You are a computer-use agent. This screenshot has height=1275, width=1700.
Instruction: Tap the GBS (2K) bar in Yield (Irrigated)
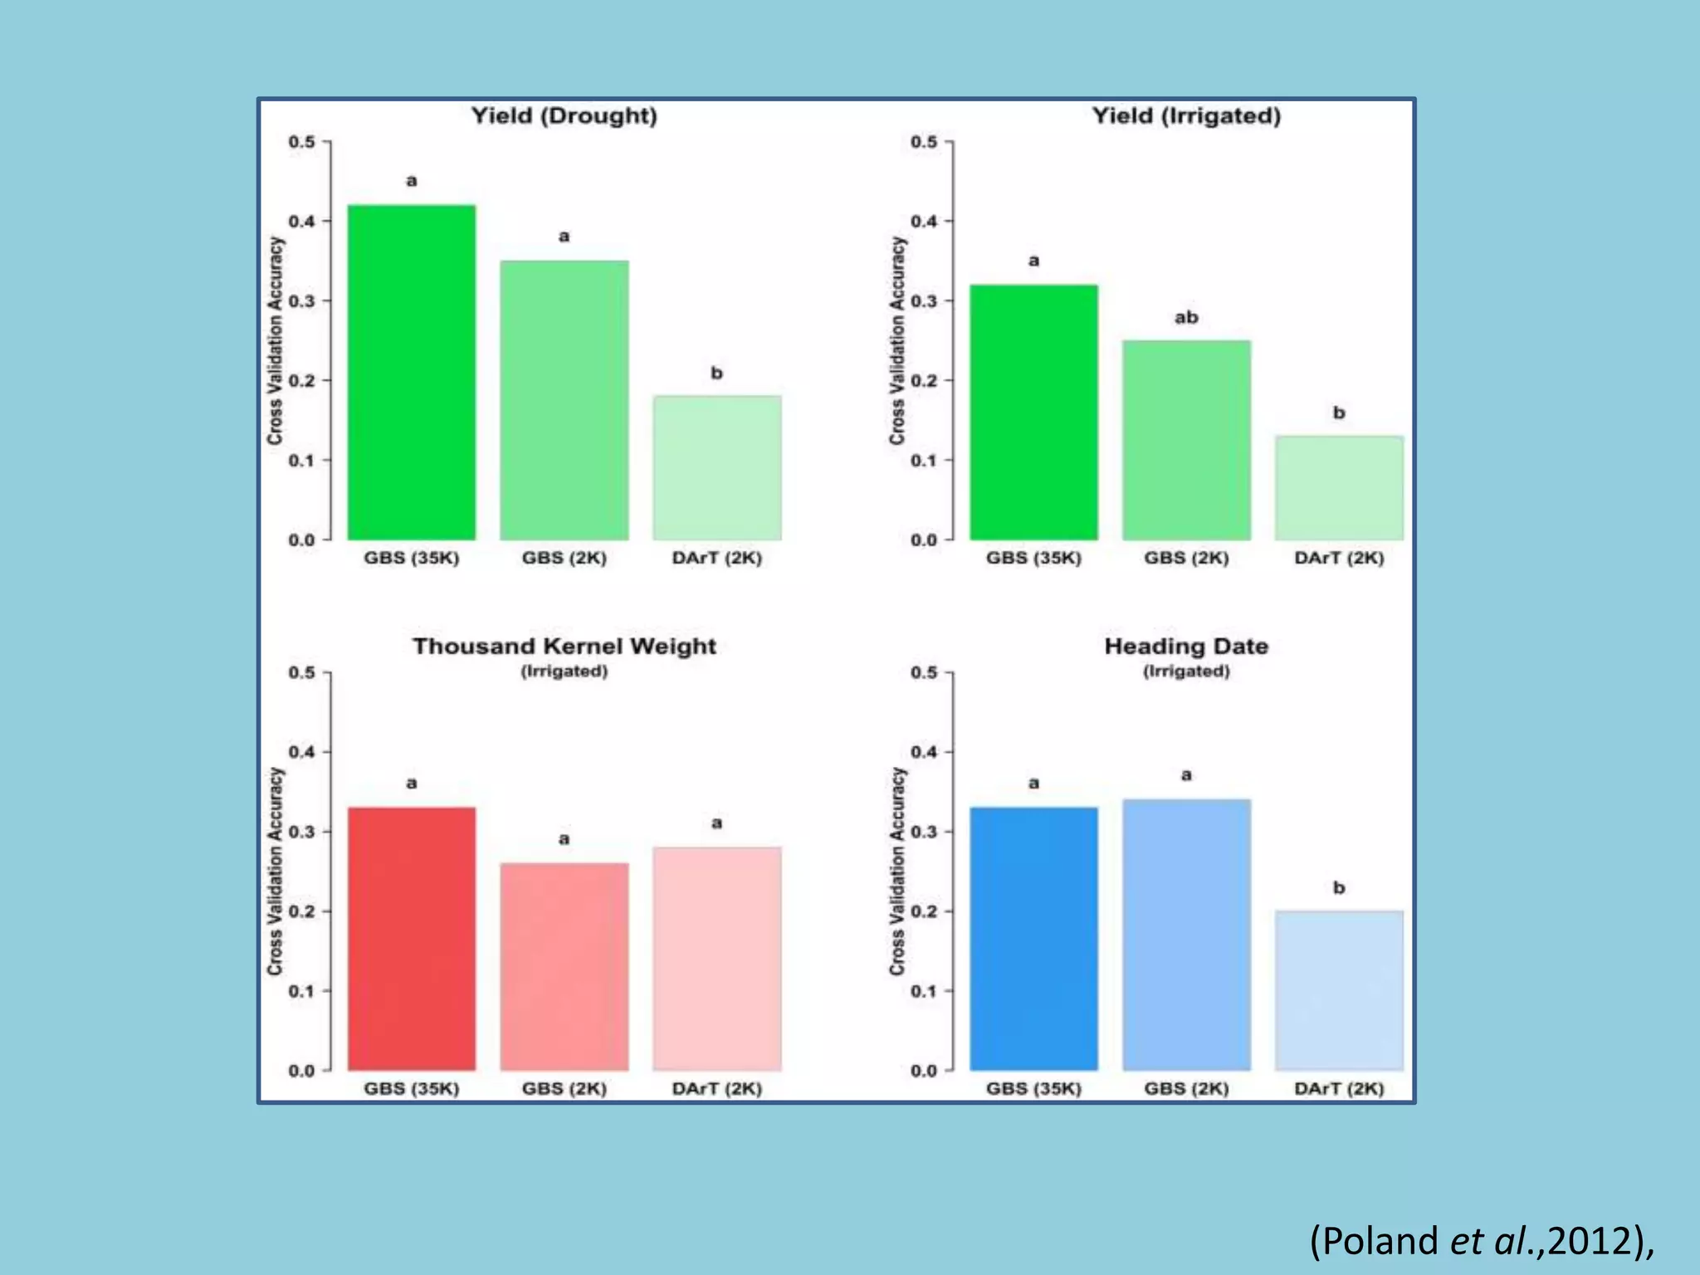point(1186,440)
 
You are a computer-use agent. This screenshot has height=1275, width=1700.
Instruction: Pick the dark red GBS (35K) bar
point(411,938)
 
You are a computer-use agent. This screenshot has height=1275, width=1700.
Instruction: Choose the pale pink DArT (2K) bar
point(716,958)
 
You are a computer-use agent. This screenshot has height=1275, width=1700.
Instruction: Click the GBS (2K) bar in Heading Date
point(1186,934)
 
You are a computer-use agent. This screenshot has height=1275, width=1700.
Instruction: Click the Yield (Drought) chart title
point(564,115)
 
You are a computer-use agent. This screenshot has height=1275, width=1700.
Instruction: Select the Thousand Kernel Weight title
point(564,646)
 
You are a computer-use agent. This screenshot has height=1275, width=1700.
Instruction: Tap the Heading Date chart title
point(1186,646)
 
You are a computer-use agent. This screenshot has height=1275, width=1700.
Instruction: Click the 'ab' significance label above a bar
point(1186,317)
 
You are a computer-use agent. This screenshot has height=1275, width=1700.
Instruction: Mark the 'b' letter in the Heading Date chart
point(1339,887)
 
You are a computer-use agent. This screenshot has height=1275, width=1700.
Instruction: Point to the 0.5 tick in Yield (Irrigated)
point(923,142)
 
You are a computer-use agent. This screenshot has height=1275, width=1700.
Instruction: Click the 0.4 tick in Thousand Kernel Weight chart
point(301,752)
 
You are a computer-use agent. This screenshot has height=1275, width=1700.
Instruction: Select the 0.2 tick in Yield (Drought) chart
point(301,380)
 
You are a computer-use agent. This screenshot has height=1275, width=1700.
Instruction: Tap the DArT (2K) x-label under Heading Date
point(1339,1088)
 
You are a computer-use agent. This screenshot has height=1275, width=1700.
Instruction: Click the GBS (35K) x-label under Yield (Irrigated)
point(1033,558)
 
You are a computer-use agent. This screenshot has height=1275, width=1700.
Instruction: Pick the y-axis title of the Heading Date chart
point(896,871)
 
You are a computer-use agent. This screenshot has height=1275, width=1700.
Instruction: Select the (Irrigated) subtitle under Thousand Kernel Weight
point(564,671)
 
